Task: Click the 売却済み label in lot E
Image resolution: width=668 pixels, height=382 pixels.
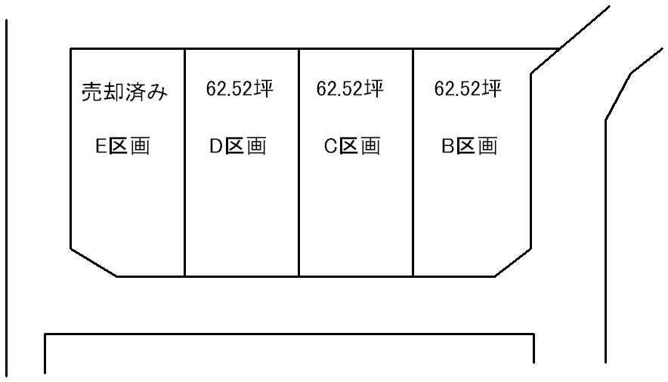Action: coord(123,92)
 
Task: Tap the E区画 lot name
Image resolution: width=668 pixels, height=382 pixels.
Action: coord(123,146)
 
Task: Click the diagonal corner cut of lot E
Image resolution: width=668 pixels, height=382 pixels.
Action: coord(94,262)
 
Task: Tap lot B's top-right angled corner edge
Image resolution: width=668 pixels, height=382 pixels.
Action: coord(545,61)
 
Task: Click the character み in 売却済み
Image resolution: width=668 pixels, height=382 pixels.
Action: coord(156,93)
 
